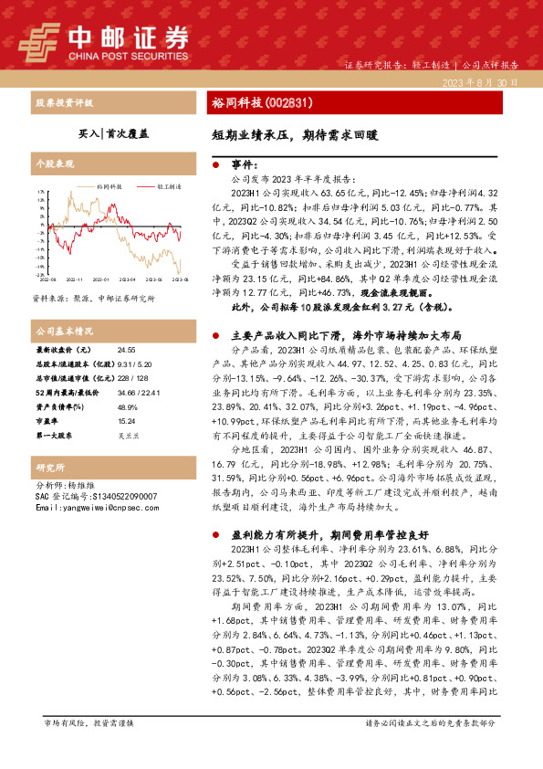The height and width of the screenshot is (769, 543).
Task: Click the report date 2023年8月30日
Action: click(483, 82)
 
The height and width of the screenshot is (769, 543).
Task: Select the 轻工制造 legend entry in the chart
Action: click(168, 184)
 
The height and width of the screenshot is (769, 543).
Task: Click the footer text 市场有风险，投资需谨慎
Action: click(88, 723)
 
